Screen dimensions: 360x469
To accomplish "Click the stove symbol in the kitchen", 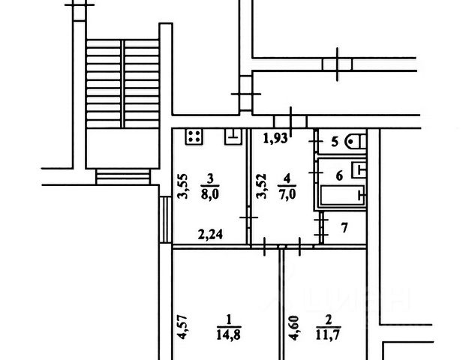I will tap(194, 137).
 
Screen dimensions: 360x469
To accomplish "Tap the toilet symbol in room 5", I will tap(358, 141).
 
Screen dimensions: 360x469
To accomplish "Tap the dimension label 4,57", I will tap(181, 330).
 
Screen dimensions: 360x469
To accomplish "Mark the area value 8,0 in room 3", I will tap(212, 190).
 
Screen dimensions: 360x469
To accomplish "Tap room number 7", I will tap(344, 226).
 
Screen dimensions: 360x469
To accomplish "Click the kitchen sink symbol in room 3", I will tap(233, 136).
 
